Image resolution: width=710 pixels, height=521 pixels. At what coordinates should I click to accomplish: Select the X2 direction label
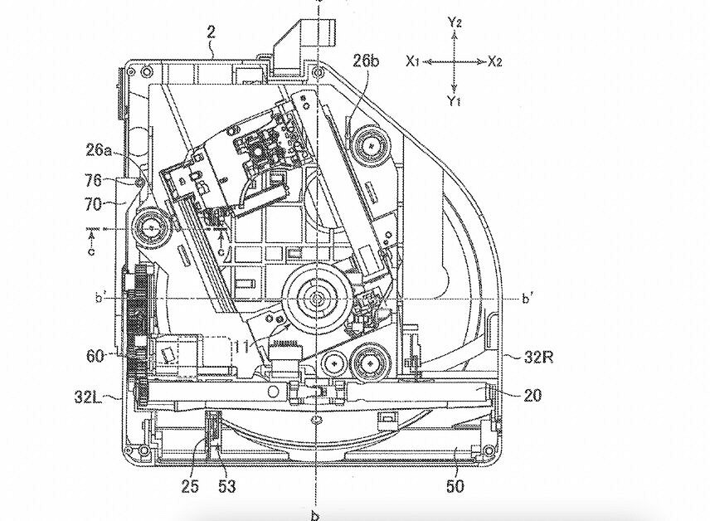pos(495,61)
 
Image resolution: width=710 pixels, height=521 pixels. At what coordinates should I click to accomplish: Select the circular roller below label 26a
pos(152,226)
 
